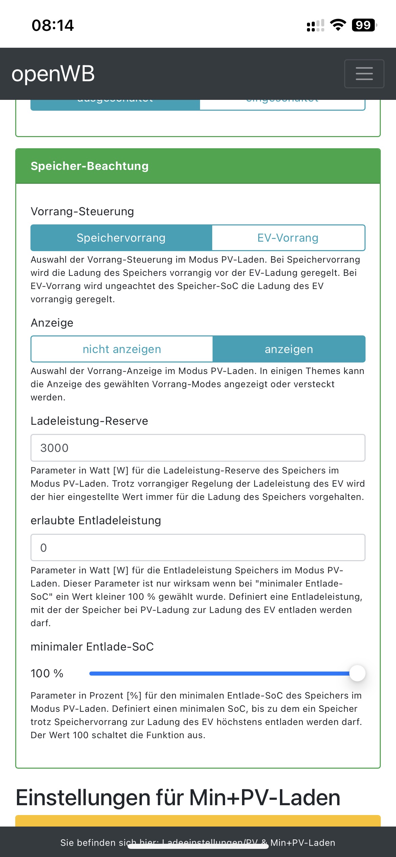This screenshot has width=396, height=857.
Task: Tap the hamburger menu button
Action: click(x=364, y=74)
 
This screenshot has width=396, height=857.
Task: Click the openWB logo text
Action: click(x=53, y=74)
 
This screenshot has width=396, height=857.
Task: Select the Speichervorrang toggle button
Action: click(x=121, y=238)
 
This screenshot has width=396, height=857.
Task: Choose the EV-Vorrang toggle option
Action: click(x=288, y=238)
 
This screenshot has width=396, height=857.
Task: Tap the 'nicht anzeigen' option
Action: click(x=122, y=349)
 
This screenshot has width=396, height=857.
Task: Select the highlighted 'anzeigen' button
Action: click(x=289, y=349)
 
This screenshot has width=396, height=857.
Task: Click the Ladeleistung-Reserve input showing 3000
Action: click(x=198, y=448)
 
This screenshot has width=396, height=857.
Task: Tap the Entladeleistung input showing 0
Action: click(x=198, y=548)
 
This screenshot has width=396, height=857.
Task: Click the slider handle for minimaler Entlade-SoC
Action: click(x=357, y=673)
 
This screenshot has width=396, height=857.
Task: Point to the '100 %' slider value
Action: click(x=47, y=674)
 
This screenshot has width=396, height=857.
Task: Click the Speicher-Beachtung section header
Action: click(x=90, y=166)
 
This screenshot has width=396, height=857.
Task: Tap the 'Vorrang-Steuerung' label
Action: click(x=82, y=212)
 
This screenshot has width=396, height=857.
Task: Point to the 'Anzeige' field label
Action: click(x=52, y=323)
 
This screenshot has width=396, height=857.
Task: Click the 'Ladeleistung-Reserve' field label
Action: click(x=89, y=421)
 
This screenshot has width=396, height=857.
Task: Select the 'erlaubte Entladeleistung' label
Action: click(x=96, y=521)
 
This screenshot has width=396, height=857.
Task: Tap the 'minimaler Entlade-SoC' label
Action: click(x=92, y=647)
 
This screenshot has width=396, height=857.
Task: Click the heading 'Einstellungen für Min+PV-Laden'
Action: click(x=178, y=798)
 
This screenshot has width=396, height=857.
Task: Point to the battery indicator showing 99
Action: click(x=364, y=25)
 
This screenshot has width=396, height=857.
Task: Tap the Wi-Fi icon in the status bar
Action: click(x=338, y=25)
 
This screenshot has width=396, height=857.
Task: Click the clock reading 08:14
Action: click(x=53, y=25)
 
